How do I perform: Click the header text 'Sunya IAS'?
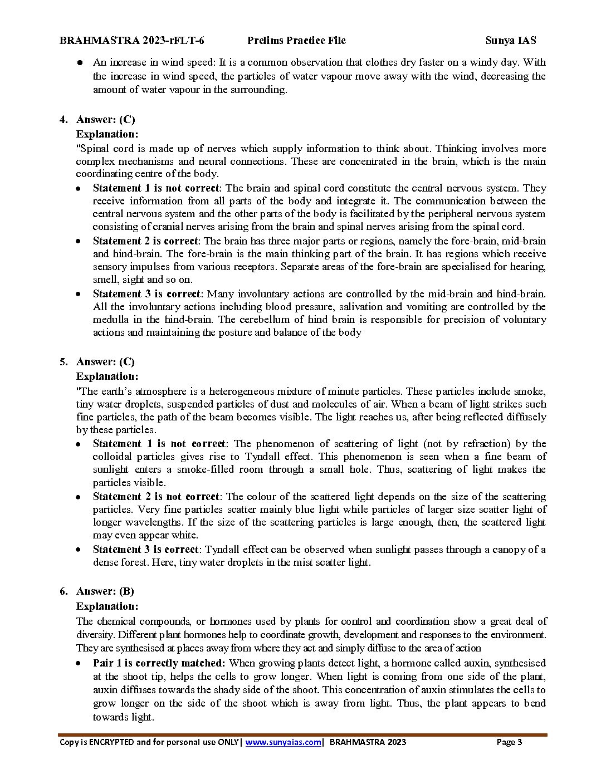pyautogui.click(x=510, y=41)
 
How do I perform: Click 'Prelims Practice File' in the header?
pyautogui.click(x=296, y=41)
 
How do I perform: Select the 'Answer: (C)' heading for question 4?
pyautogui.click(x=105, y=120)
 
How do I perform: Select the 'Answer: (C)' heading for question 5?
pyautogui.click(x=105, y=362)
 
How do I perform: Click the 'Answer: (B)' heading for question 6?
pyautogui.click(x=105, y=591)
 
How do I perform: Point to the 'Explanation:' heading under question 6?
pyautogui.click(x=107, y=606)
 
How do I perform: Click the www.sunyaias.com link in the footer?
pyautogui.click(x=283, y=742)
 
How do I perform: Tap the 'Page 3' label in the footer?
pyautogui.click(x=509, y=742)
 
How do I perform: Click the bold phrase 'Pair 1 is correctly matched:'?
pyautogui.click(x=159, y=663)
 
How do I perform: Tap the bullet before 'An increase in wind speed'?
pyautogui.click(x=81, y=63)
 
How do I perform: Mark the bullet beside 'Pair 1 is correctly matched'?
pyautogui.click(x=81, y=663)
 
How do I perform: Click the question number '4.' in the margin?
pyautogui.click(x=64, y=120)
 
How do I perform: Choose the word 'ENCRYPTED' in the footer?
pyautogui.click(x=110, y=742)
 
